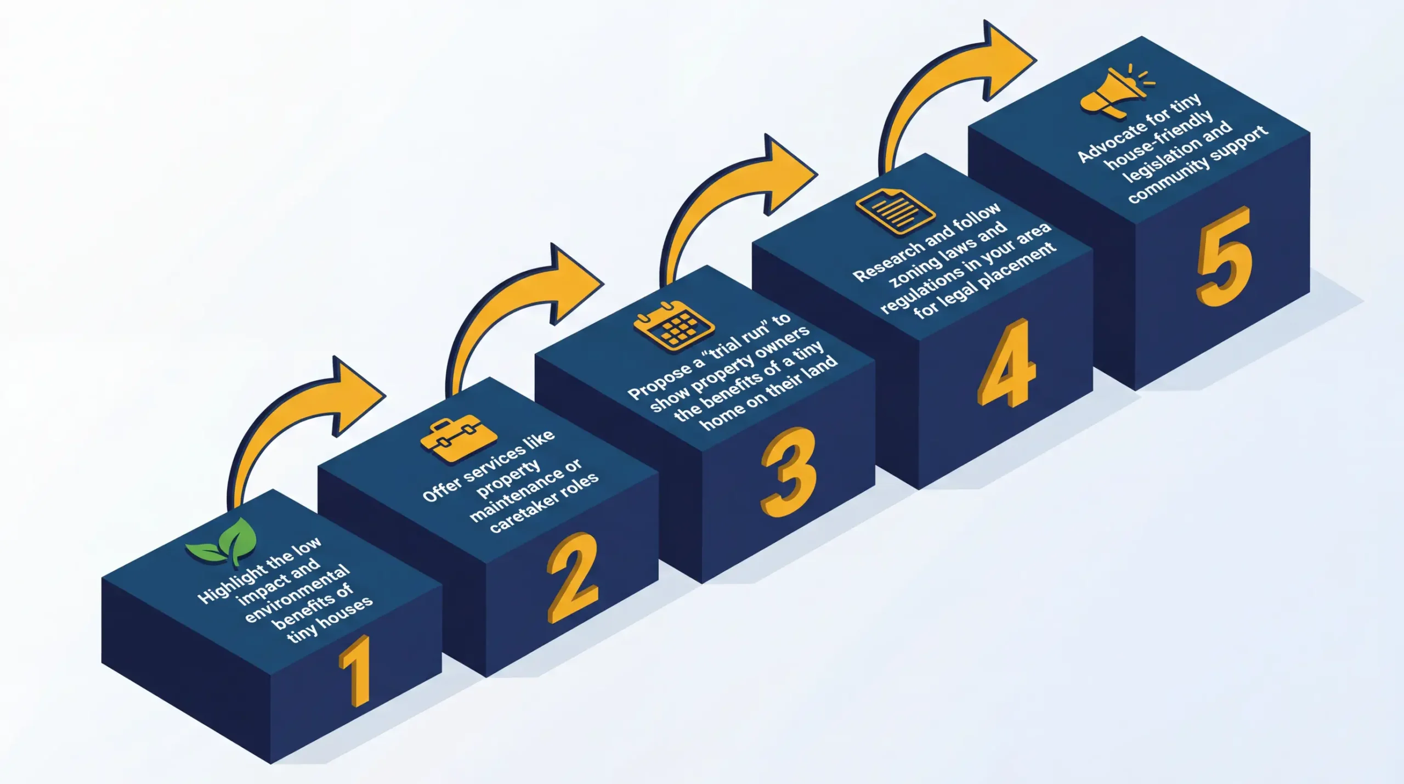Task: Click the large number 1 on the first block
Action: click(355, 670)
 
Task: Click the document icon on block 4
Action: click(895, 212)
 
